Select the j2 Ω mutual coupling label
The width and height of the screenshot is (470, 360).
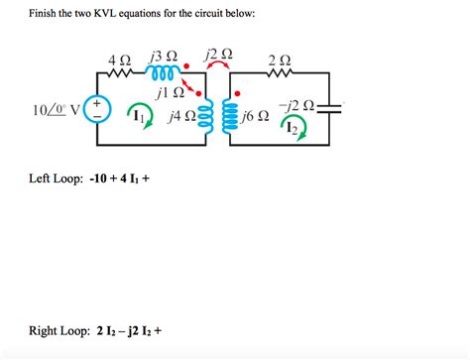click(x=220, y=54)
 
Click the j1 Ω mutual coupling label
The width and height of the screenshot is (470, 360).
click(x=172, y=93)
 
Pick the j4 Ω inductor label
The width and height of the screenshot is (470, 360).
click(x=181, y=118)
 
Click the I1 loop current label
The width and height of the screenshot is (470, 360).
click(x=140, y=118)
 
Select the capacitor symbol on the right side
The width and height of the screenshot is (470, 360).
click(x=329, y=109)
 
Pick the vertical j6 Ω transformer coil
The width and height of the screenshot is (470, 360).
click(x=234, y=117)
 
